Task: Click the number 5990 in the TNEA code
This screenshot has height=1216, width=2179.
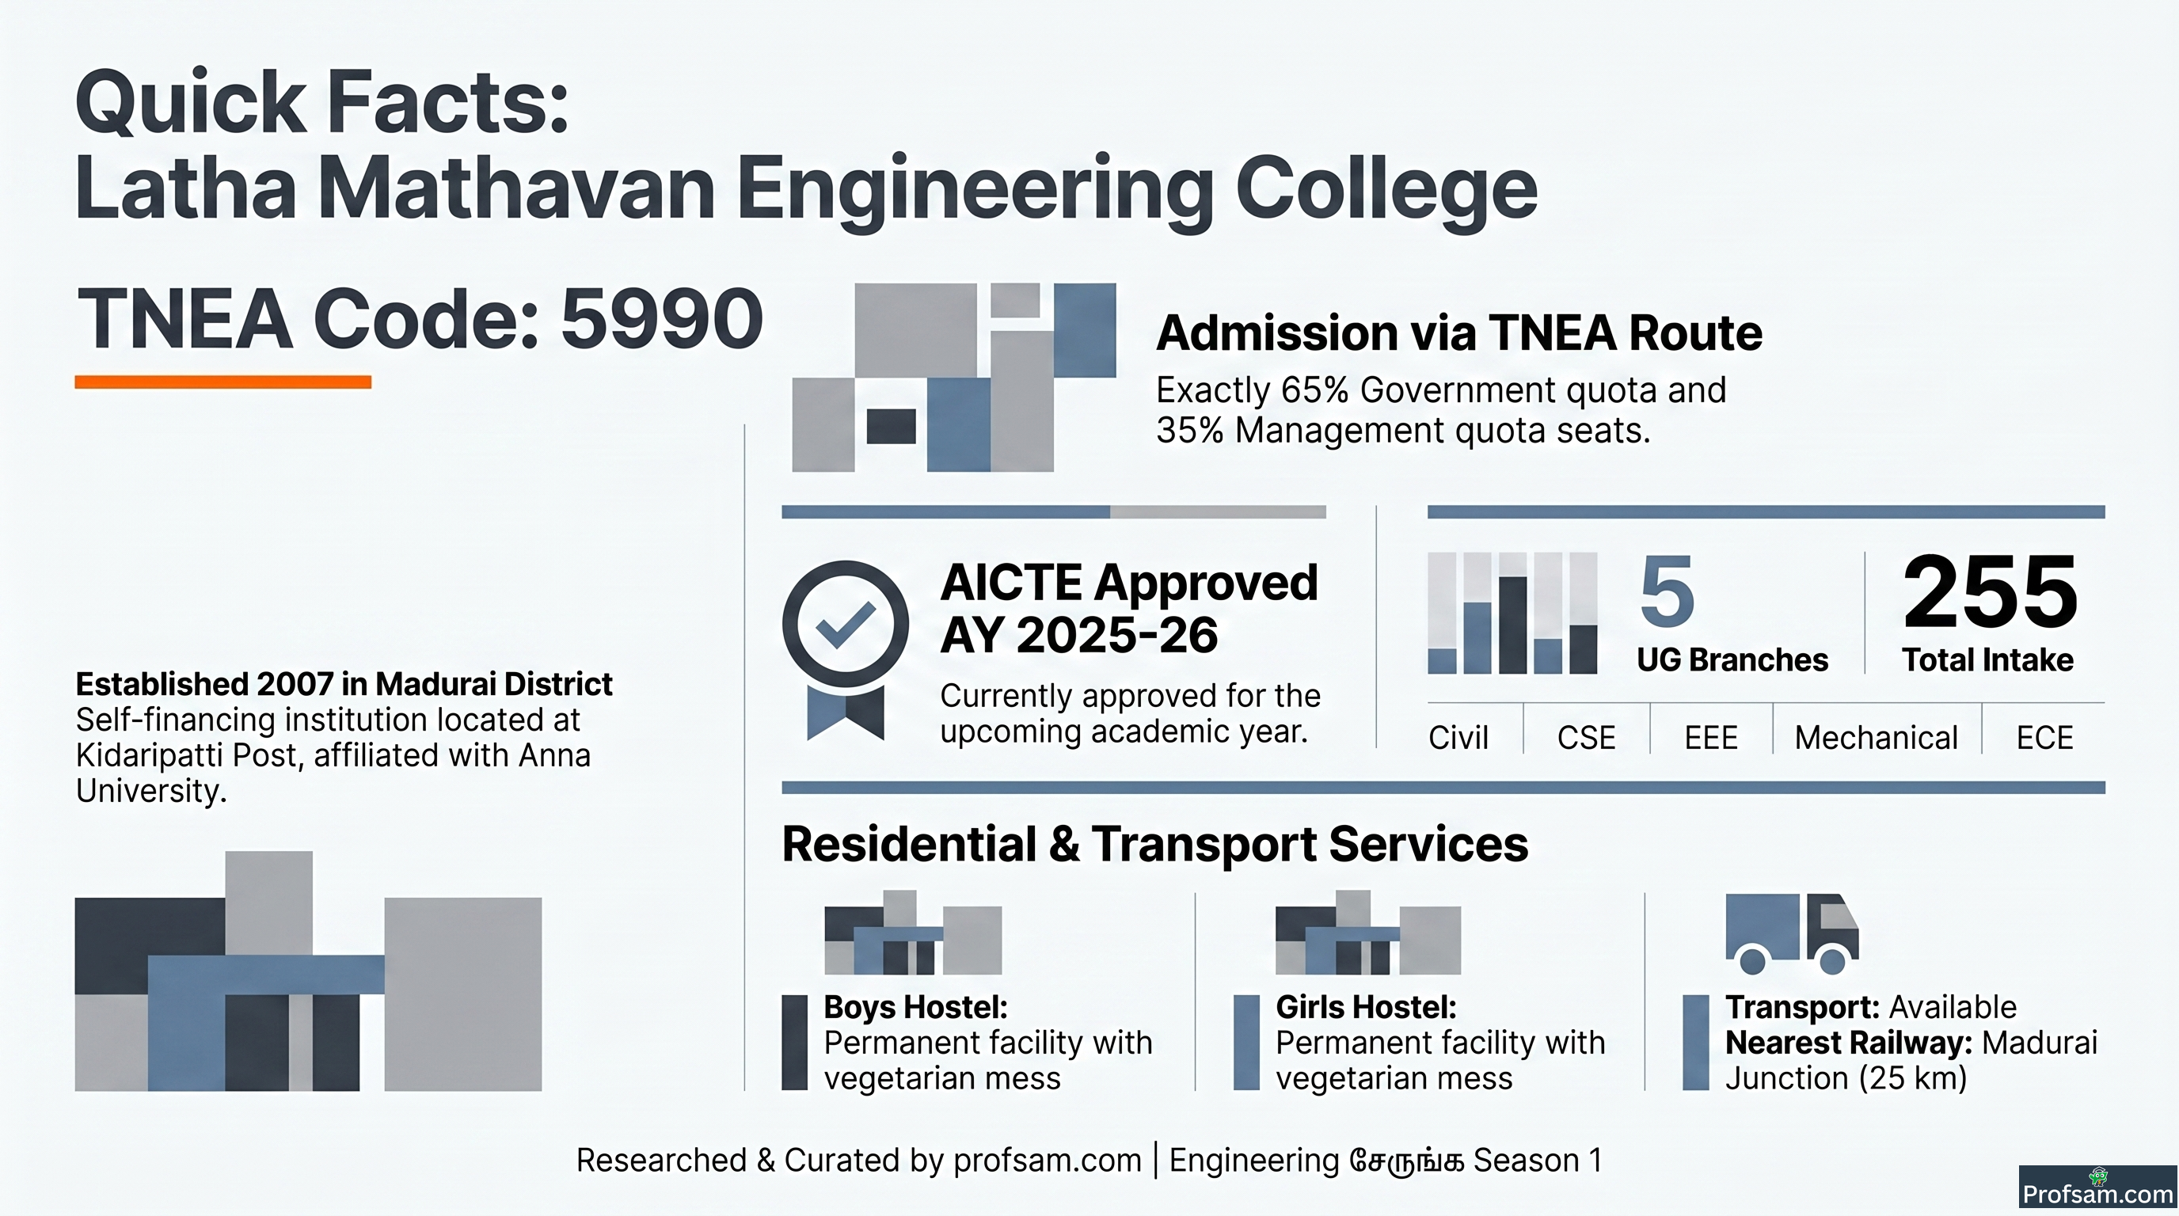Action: tap(662, 319)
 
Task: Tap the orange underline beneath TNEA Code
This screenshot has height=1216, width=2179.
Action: tap(223, 382)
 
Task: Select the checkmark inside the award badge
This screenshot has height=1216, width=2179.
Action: tap(845, 625)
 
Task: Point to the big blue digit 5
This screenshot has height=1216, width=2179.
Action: tap(1668, 591)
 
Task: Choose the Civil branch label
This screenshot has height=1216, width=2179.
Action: tap(1458, 737)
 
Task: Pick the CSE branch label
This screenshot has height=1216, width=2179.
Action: tap(1586, 737)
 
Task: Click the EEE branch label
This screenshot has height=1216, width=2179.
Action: tap(1710, 737)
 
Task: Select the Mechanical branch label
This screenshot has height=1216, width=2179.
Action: tap(1877, 737)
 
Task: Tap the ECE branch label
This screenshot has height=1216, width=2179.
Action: tap(2044, 737)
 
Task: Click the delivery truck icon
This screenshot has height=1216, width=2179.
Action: tap(1792, 933)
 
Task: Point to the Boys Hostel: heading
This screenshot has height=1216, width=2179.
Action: tap(916, 1007)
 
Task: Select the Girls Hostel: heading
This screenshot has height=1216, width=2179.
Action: tap(1366, 1007)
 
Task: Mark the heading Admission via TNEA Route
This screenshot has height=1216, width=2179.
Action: tap(1459, 332)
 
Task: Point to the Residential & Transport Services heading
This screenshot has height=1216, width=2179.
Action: tap(1154, 844)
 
